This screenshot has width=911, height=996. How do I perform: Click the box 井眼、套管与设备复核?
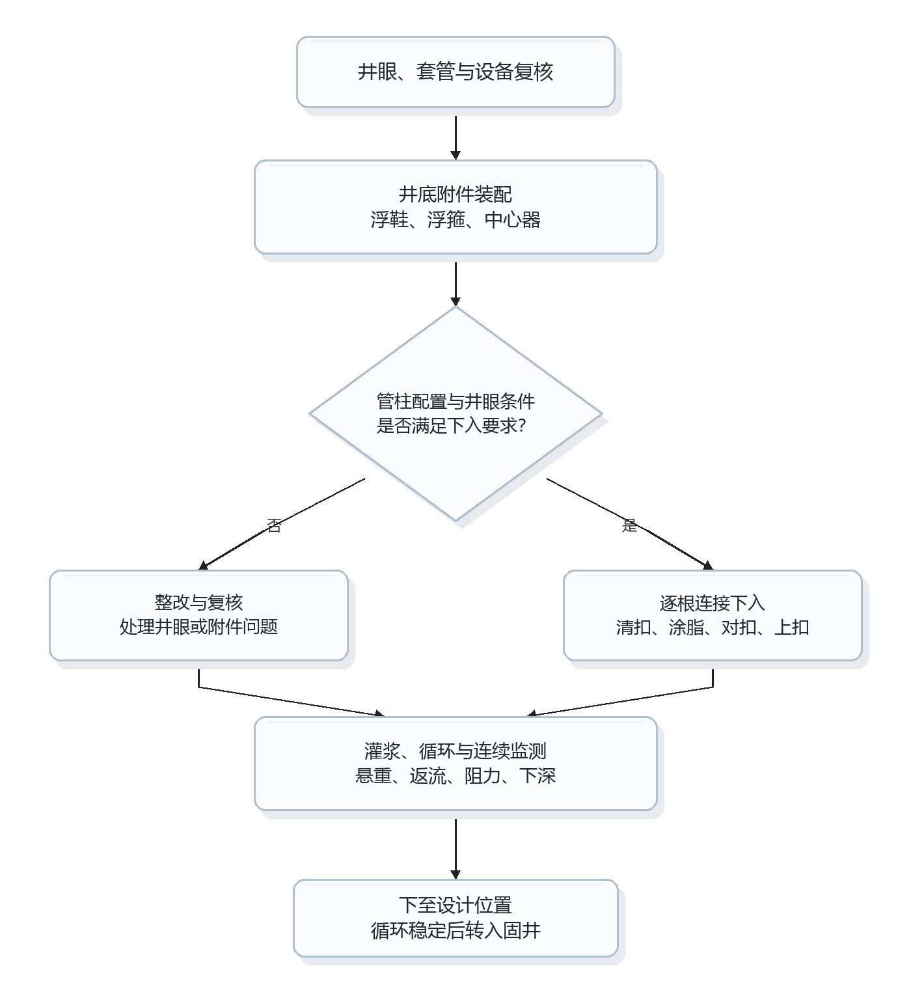[x=455, y=72]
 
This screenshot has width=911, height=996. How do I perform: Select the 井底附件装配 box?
[x=455, y=207]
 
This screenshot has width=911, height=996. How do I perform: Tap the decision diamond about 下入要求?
[x=455, y=413]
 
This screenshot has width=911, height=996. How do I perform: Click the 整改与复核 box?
[x=198, y=615]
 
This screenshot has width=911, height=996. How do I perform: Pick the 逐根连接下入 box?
[x=713, y=615]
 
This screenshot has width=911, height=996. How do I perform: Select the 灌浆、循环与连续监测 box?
[x=455, y=763]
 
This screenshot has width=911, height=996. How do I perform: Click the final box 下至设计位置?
[x=455, y=918]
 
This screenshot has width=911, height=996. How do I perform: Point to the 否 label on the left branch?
[x=274, y=525]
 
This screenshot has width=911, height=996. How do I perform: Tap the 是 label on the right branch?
[x=629, y=525]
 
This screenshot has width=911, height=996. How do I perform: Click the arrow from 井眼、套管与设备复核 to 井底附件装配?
[x=455, y=138]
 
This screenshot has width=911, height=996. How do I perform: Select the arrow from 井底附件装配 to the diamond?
[x=455, y=284]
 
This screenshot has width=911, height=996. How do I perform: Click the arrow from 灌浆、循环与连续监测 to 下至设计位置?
[x=455, y=849]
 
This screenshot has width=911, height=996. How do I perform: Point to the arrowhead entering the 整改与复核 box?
[x=203, y=566]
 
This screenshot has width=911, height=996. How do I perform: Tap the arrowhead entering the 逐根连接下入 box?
[x=709, y=566]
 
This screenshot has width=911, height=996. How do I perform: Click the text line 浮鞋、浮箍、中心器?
[x=455, y=219]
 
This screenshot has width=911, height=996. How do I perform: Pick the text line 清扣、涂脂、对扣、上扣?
[x=713, y=628]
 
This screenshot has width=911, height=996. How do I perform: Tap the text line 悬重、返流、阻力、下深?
[x=455, y=775]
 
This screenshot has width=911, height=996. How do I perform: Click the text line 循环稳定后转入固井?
[x=455, y=930]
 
